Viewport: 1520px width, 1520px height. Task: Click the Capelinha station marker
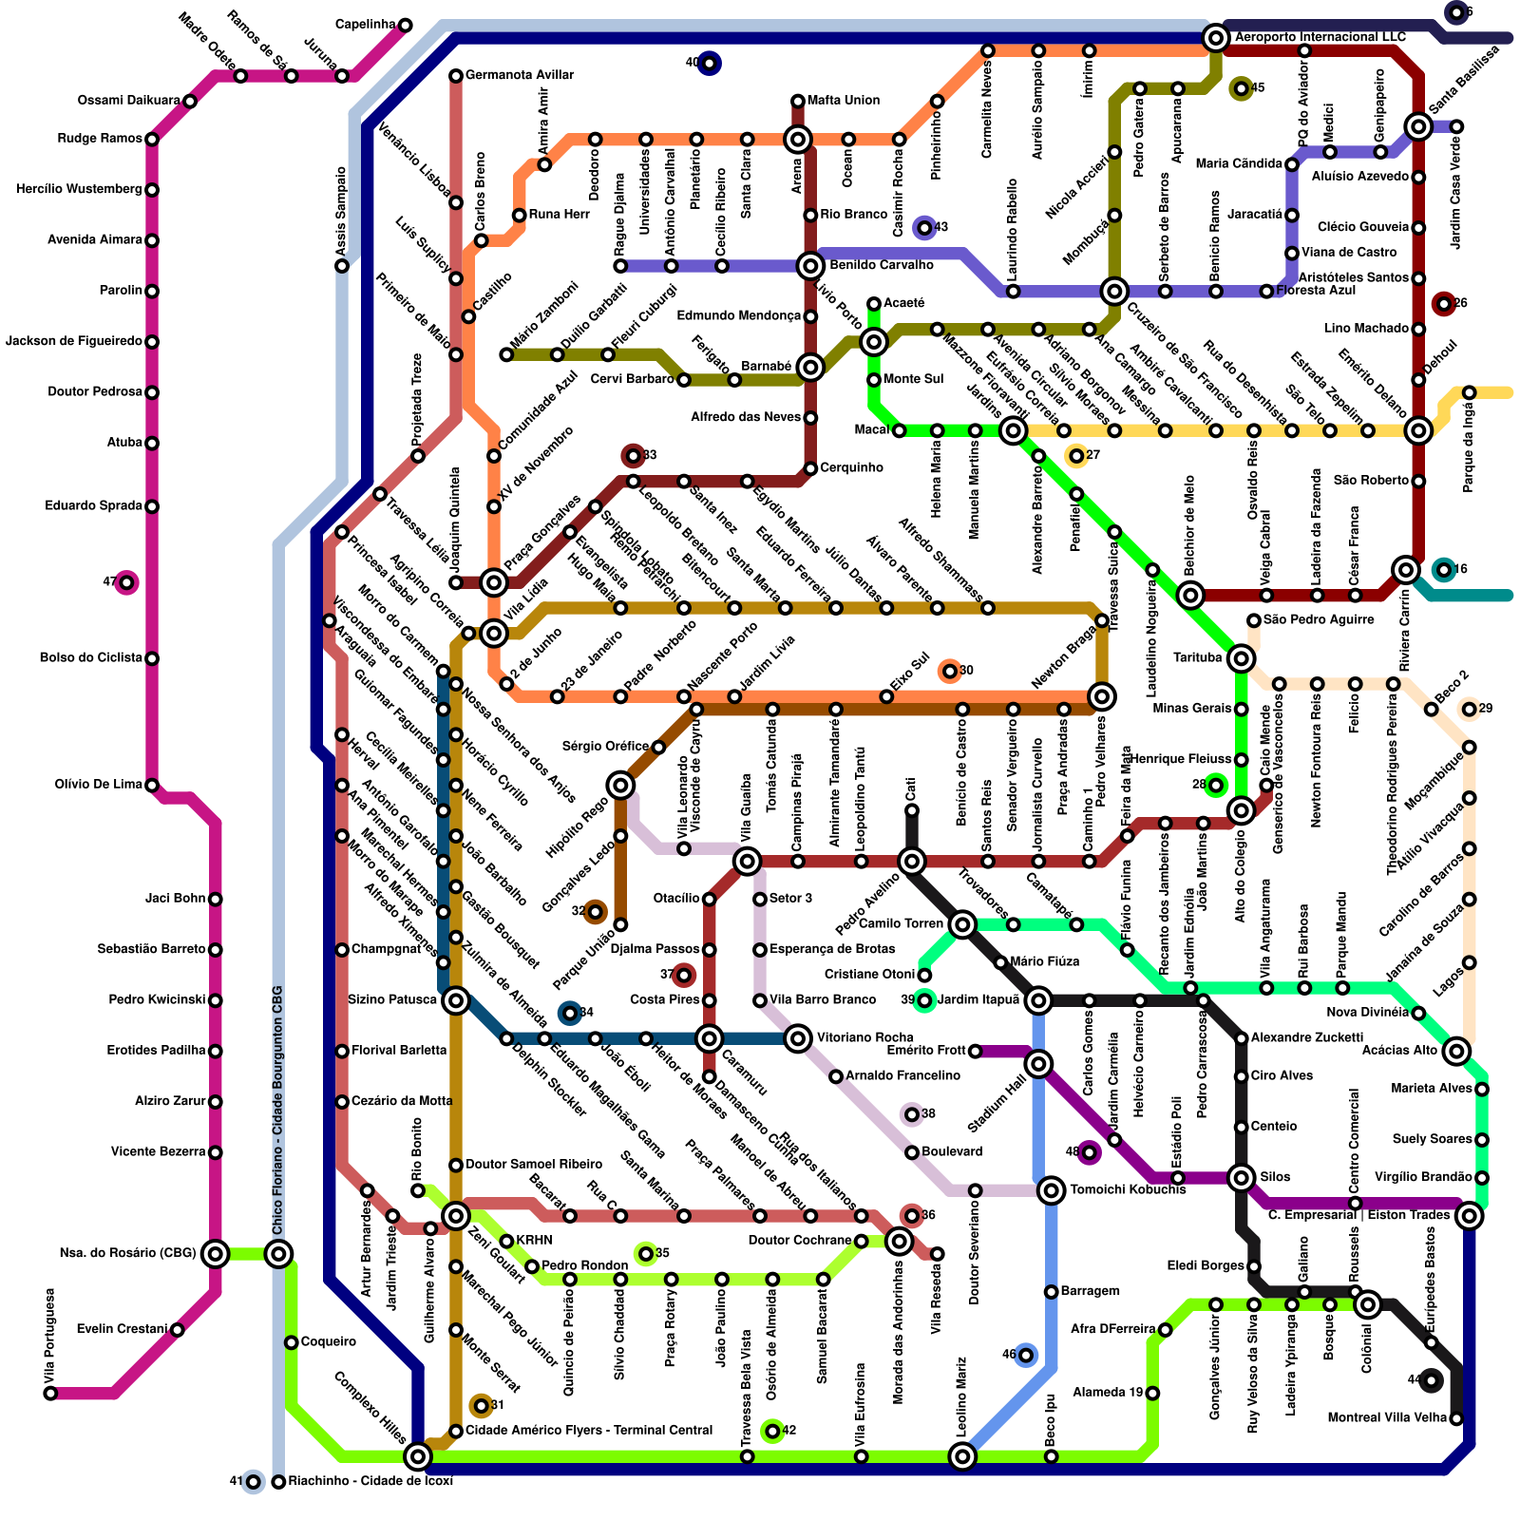406,25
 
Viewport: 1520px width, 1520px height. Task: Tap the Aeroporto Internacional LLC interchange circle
1215,38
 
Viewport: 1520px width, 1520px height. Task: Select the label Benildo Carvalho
881,265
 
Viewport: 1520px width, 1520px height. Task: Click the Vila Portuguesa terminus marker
50,1394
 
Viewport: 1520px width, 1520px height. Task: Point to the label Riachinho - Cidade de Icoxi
370,1481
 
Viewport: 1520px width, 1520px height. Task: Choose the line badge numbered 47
126,582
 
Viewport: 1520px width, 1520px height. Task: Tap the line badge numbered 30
949,672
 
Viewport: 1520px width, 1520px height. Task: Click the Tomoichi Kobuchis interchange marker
1051,1190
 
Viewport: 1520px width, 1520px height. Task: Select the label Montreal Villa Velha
1387,1418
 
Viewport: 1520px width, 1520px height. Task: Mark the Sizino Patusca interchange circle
456,999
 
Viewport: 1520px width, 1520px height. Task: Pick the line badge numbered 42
772,1431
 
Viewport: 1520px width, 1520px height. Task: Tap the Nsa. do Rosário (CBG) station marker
216,1254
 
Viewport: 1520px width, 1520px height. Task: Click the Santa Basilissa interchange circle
1418,126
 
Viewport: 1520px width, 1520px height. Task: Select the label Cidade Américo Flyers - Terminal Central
588,1431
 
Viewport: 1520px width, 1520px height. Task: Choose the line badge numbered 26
1444,304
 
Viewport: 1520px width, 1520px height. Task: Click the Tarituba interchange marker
1241,658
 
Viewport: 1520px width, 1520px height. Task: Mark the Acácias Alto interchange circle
1456,1051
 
